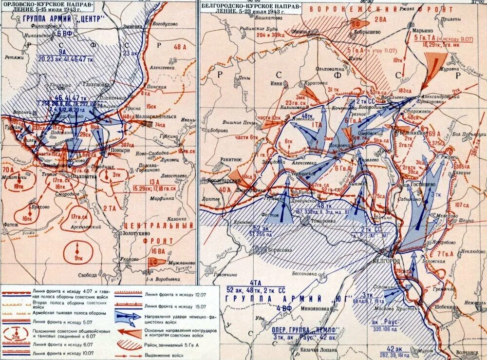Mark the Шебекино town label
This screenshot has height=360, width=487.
tap(456, 307)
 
